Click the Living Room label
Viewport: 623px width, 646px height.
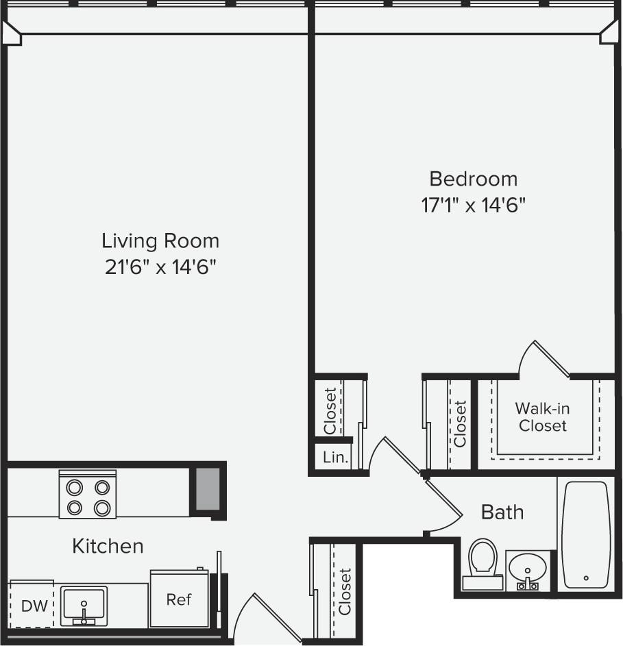160,240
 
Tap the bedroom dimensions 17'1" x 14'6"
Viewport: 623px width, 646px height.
473,205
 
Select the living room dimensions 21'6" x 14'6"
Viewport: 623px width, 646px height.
160,266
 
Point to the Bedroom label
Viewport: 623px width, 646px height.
473,179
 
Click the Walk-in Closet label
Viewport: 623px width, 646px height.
543,417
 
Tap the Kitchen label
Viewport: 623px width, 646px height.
108,546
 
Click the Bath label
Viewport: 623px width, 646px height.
502,512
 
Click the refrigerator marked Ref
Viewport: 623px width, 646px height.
179,599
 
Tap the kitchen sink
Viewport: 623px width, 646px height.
84,605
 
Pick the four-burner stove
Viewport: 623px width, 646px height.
87,495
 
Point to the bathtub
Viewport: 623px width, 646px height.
586,534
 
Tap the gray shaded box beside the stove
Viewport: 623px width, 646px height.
208,488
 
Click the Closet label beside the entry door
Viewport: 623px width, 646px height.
344,591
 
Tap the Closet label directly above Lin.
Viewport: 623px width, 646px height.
330,410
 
